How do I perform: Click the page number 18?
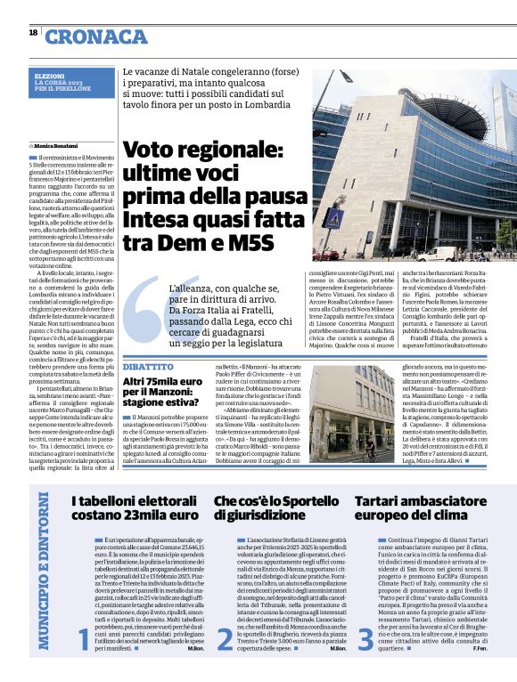pyautogui.click(x=32, y=33)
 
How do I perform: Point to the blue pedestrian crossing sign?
pyautogui.click(x=332, y=219)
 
